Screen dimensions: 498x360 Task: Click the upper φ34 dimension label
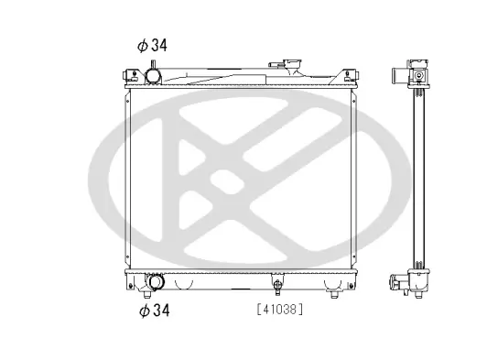(x=152, y=45)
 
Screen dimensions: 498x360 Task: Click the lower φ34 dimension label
(x=155, y=311)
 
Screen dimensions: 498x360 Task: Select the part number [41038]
(x=280, y=310)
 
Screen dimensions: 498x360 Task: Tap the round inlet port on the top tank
(x=153, y=77)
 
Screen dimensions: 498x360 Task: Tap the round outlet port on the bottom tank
(x=156, y=282)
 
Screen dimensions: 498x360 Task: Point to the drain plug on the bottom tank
(x=277, y=284)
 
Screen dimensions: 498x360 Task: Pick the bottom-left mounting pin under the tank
(x=146, y=294)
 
